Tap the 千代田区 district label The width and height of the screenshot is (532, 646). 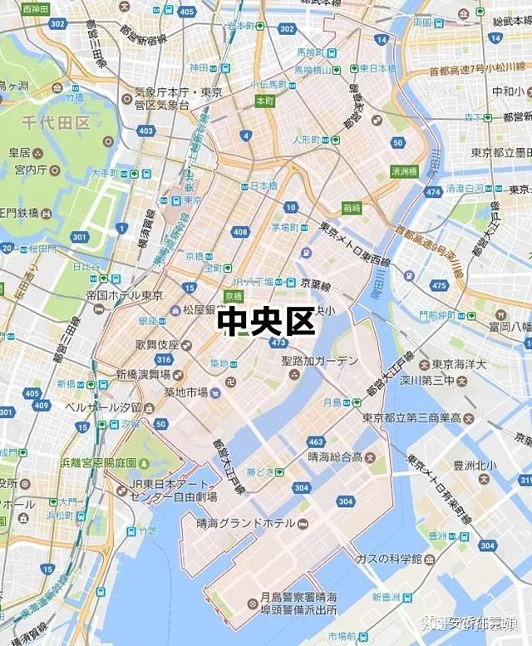(x=55, y=122)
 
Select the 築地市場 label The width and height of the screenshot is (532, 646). (x=185, y=392)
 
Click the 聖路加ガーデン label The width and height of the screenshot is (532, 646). (x=319, y=361)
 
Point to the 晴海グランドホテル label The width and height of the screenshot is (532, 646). (x=245, y=523)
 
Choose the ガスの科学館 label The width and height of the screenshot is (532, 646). (x=389, y=558)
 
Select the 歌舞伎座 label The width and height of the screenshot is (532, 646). (x=157, y=344)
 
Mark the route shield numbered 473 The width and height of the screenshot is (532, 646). (x=278, y=343)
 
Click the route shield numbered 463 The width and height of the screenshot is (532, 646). (x=316, y=441)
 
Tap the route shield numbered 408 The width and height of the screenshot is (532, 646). (x=240, y=232)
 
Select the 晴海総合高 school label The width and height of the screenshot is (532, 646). (x=335, y=456)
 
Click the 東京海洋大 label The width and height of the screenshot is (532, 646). (x=458, y=364)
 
